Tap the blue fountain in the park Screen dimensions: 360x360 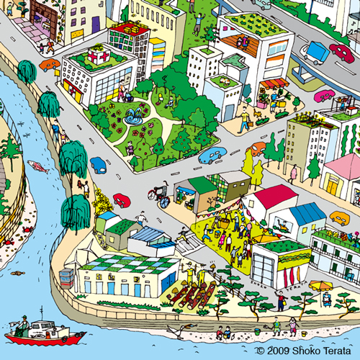(133, 116)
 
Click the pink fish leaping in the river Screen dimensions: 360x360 (39, 166)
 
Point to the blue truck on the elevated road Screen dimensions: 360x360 (314, 52)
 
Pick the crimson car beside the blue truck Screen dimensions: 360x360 (341, 53)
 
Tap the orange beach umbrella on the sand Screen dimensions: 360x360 (321, 286)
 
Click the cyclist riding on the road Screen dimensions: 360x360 (158, 196)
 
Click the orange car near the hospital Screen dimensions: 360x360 (50, 65)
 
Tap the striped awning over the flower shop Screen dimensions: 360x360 (273, 84)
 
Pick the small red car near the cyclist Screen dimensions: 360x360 (122, 201)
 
